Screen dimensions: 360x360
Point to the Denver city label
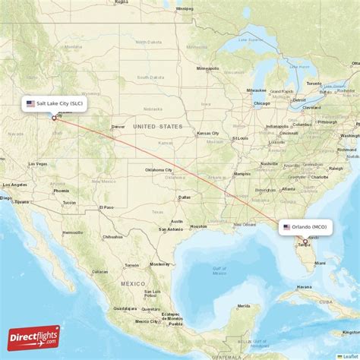[x=118, y=127]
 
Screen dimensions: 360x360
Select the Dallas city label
[x=185, y=197]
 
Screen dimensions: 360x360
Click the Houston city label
[x=198, y=226]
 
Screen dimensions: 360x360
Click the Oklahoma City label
[x=157, y=170]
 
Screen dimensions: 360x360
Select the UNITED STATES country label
[x=158, y=126]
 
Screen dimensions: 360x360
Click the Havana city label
[x=304, y=287]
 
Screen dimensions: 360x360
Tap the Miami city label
[x=320, y=263]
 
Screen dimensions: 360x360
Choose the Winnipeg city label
[x=184, y=8]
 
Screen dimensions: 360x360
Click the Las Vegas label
[x=38, y=164]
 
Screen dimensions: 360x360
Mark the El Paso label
[x=106, y=207]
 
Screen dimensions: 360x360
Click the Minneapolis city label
[x=207, y=68]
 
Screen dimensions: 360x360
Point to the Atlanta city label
[x=288, y=188]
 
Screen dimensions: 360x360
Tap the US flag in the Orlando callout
[x=287, y=226]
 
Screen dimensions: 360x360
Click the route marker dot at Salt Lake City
[x=53, y=118]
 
